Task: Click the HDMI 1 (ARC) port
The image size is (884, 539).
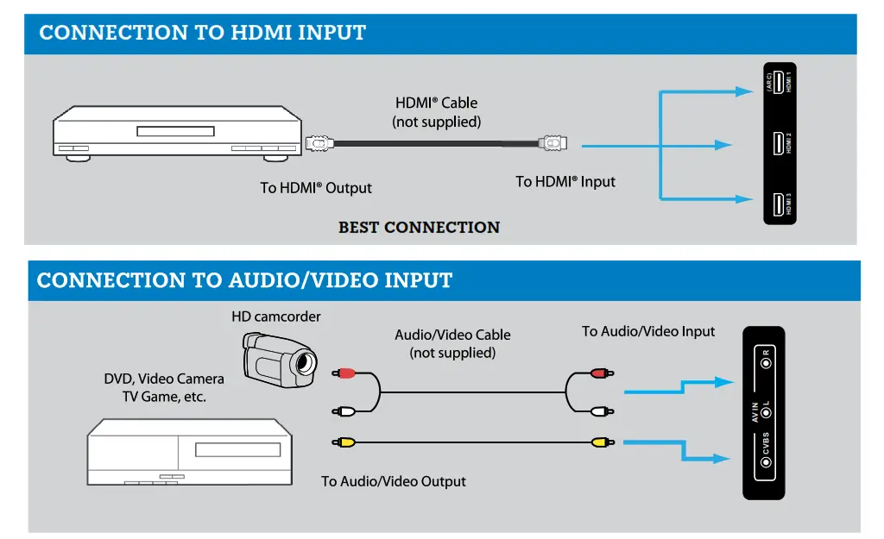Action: (x=779, y=83)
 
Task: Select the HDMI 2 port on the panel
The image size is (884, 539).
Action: (x=779, y=143)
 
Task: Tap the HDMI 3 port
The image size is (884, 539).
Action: (x=779, y=205)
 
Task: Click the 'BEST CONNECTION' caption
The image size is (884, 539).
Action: (x=419, y=228)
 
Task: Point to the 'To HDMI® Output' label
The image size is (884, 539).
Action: (x=316, y=188)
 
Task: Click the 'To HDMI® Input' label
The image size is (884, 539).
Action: (x=565, y=182)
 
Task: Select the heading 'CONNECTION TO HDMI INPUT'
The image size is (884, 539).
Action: (x=203, y=34)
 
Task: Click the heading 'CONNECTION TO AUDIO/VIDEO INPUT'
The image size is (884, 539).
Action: (x=244, y=281)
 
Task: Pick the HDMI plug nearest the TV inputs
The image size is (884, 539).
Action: (x=552, y=142)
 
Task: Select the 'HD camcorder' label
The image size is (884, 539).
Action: (x=275, y=317)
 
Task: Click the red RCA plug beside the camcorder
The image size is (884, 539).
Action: (x=344, y=373)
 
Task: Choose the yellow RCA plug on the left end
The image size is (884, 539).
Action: (x=344, y=442)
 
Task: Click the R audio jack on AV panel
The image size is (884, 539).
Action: (x=766, y=362)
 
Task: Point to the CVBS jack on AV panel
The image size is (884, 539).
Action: (x=766, y=463)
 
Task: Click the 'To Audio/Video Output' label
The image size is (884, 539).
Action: (x=394, y=481)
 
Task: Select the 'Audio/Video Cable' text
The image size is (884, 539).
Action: (x=452, y=335)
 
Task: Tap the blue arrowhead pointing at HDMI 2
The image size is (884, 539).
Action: (x=723, y=144)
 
